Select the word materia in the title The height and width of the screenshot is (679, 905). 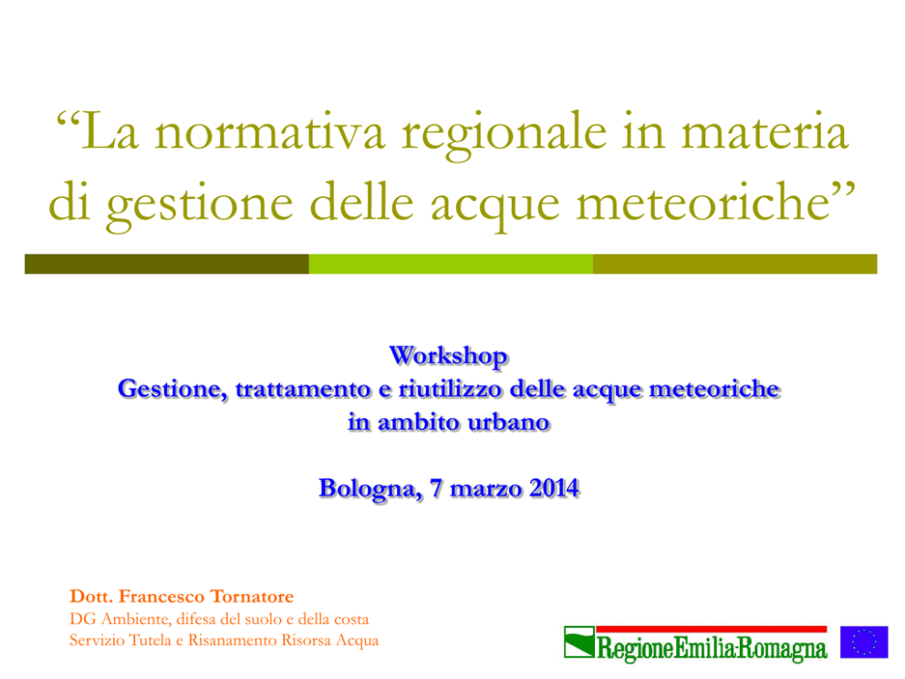coord(765,131)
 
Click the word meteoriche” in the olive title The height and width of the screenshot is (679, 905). coord(715,201)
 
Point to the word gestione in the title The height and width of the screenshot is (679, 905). coord(200,205)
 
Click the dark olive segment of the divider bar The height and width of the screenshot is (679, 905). coord(167,264)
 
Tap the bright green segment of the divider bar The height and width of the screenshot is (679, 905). coord(451,264)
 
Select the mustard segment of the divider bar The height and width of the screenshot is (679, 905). coord(734,264)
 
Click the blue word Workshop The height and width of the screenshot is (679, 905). coord(449,356)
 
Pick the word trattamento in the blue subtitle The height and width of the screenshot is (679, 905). coord(303,389)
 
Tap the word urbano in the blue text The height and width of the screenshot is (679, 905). coord(508,423)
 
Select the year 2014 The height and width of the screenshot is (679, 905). coord(555,488)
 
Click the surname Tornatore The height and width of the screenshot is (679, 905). coord(252,597)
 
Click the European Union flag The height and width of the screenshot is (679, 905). coord(864,642)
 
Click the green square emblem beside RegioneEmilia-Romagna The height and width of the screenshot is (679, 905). coord(579,642)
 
